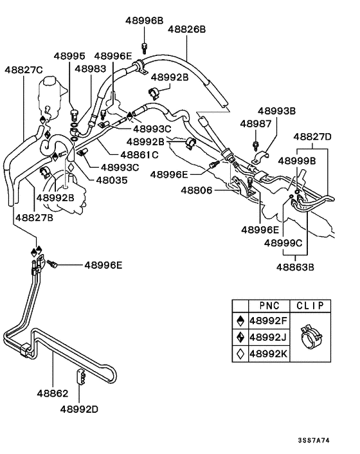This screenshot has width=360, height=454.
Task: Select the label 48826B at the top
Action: tap(186, 30)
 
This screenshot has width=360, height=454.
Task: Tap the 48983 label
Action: tap(91, 68)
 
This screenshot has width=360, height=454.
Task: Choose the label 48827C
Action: tap(24, 69)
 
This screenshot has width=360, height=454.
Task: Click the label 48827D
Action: tap(313, 137)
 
